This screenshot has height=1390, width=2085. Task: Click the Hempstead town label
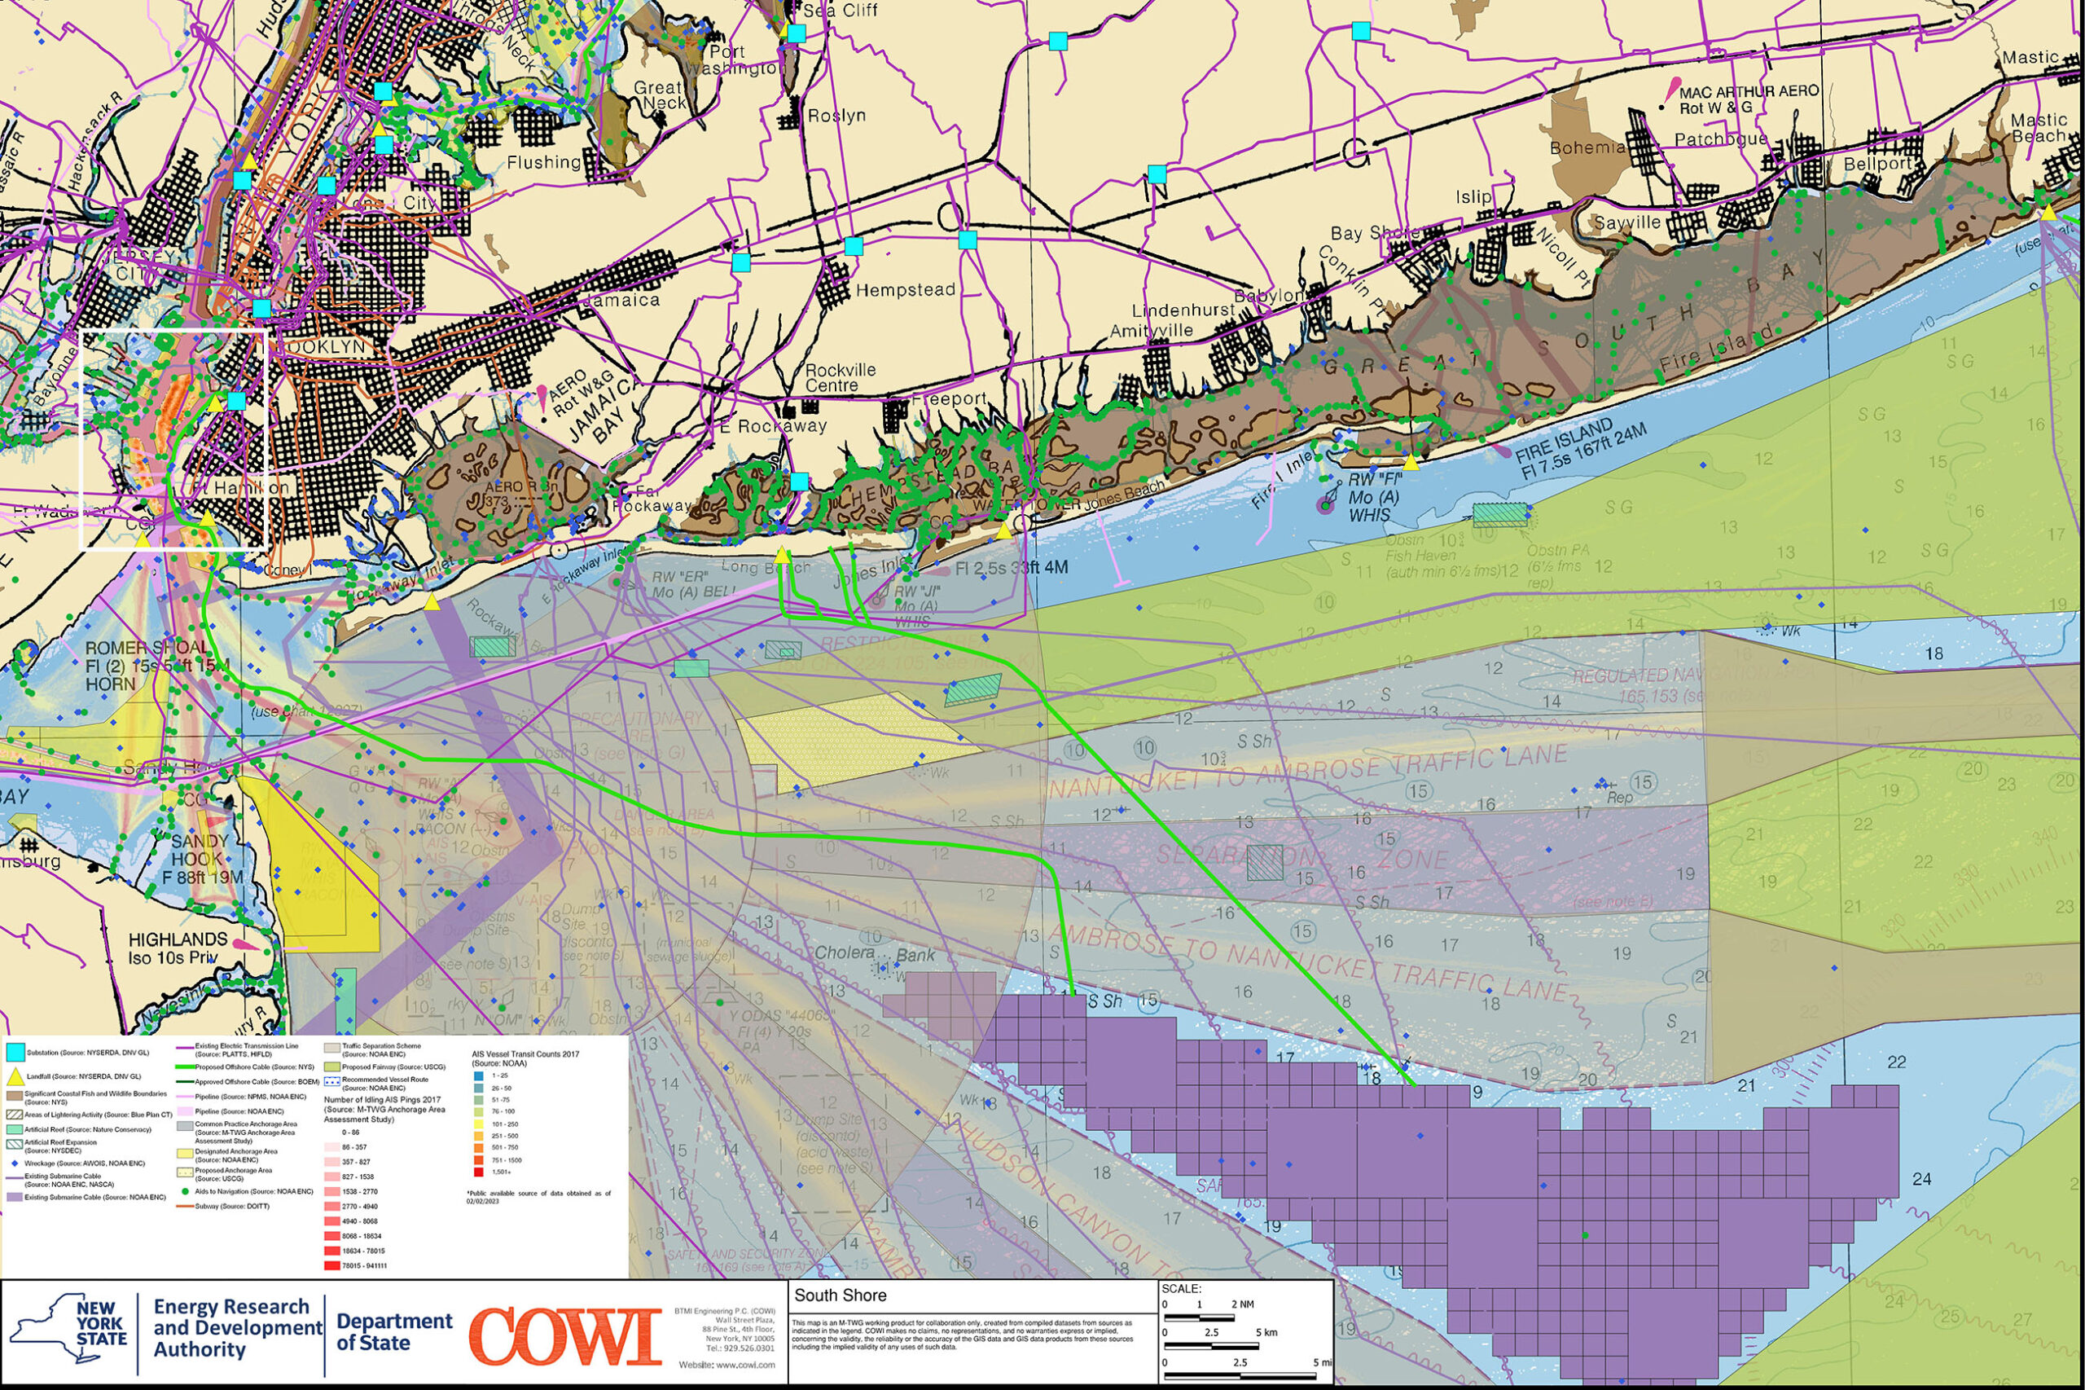tap(905, 290)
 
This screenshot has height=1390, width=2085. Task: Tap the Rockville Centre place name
tap(839, 377)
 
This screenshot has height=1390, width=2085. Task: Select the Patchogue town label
tap(1720, 139)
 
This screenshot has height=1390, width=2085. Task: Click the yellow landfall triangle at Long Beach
tap(783, 556)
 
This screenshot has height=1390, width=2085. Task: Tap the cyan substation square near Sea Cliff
tap(796, 33)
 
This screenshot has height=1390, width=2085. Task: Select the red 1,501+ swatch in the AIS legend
tap(479, 1172)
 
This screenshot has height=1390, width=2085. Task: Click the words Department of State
tap(393, 1331)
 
